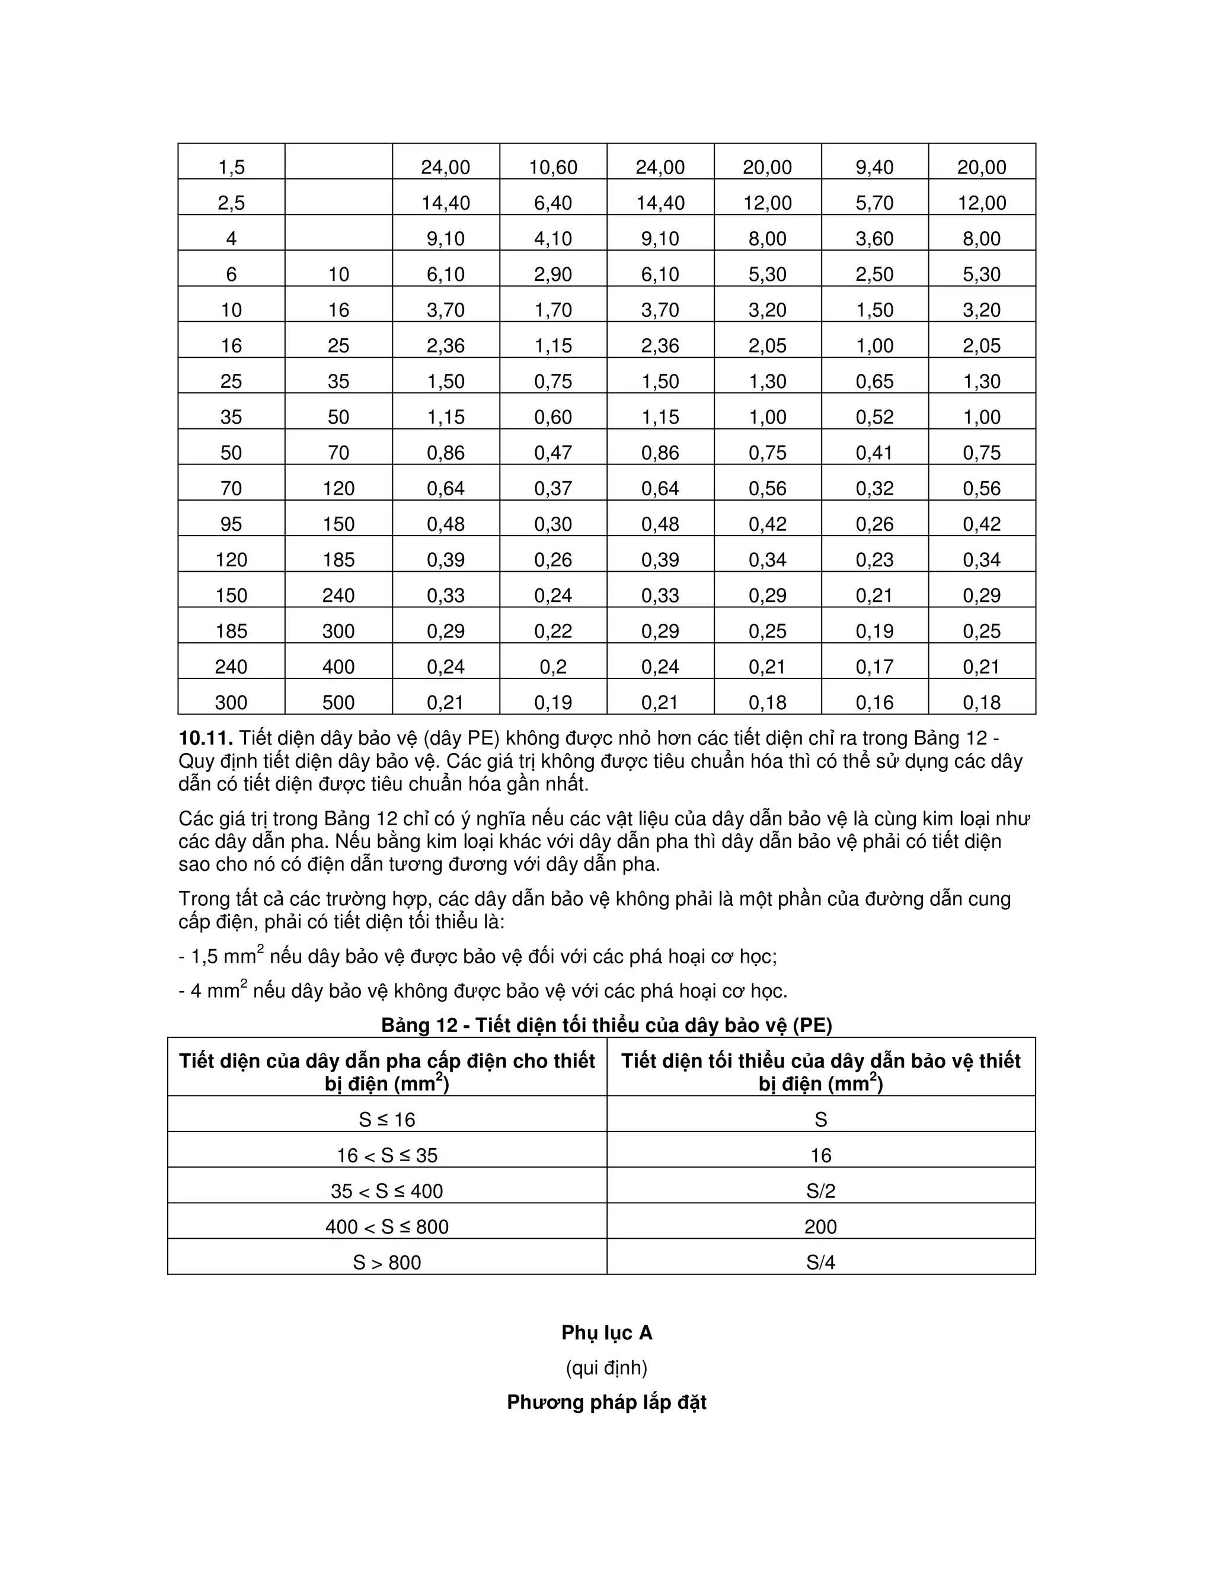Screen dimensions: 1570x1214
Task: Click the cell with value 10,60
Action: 553,168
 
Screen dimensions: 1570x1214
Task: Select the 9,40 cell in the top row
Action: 874,168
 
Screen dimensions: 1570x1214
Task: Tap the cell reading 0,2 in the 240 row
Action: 553,667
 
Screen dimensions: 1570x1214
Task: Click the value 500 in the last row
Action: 338,702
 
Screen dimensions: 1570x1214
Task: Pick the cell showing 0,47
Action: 553,453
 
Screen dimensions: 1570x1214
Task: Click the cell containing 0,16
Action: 874,702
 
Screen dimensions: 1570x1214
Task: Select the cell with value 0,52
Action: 874,417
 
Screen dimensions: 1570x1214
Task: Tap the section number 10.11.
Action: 206,738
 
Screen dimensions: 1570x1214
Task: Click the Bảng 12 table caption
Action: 606,1025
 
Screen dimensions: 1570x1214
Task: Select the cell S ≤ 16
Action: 387,1120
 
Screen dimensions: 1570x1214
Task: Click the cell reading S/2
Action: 820,1191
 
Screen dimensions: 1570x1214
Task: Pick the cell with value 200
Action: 820,1227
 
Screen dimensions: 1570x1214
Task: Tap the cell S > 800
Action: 387,1263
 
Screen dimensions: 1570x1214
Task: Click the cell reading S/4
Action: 820,1263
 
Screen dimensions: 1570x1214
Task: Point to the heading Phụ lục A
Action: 606,1333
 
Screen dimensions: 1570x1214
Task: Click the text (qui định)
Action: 606,1367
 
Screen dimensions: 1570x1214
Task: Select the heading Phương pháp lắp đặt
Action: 606,1402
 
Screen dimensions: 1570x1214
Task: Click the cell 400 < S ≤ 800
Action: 387,1227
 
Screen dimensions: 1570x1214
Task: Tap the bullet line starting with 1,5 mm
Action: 478,957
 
